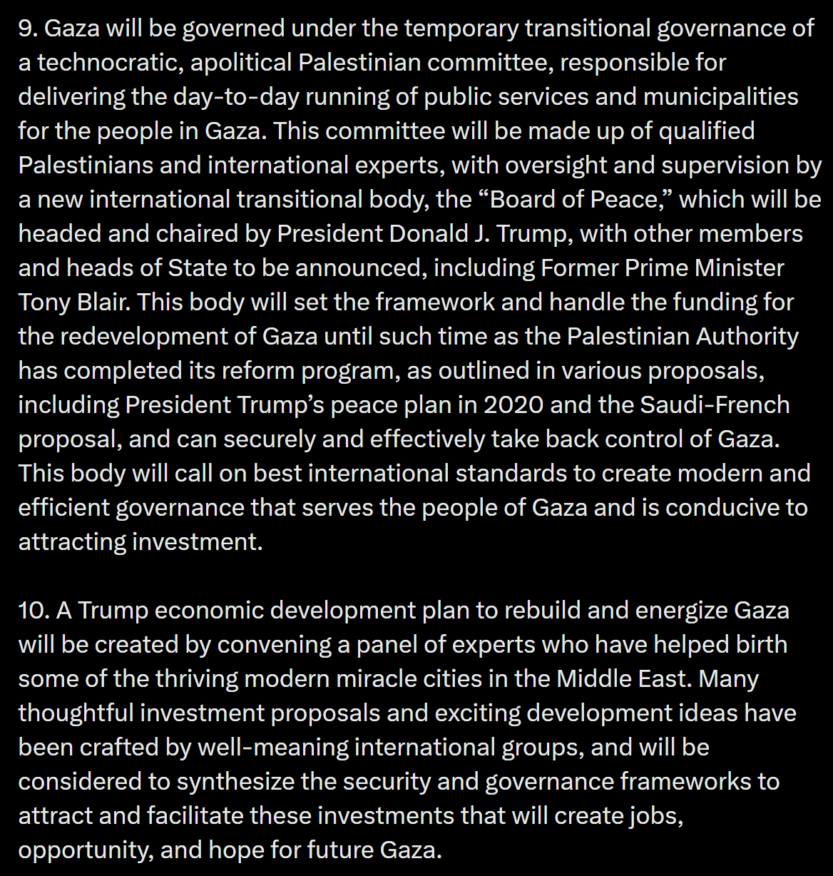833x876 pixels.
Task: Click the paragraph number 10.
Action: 34,611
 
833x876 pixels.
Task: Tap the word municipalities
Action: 720,97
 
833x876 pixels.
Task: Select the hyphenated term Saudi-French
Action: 715,405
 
